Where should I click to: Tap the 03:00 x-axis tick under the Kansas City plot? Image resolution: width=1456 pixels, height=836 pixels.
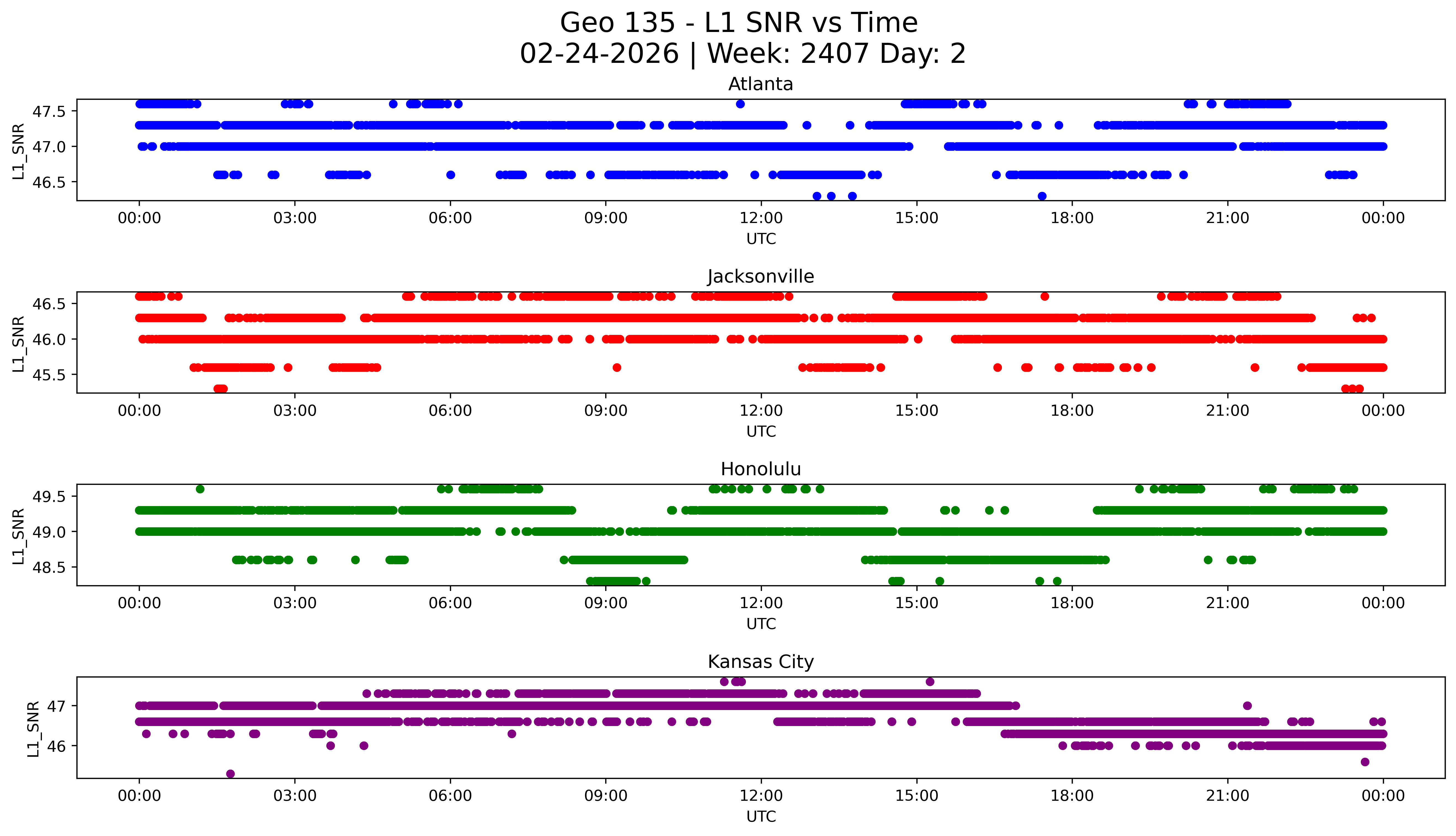click(x=295, y=796)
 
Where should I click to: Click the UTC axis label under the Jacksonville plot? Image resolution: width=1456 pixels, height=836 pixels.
click(x=761, y=431)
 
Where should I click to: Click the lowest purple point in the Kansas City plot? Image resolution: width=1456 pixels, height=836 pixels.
click(x=230, y=773)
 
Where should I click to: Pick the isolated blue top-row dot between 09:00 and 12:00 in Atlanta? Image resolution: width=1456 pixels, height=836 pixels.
click(x=740, y=104)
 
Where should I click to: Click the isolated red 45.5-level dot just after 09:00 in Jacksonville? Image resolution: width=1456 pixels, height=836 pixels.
click(x=617, y=367)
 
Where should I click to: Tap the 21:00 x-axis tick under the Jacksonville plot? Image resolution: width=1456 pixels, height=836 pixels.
click(x=1227, y=411)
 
